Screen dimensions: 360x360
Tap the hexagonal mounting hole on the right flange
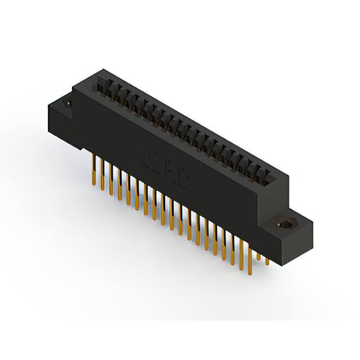[286, 223]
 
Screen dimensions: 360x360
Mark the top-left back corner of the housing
[101, 71]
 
